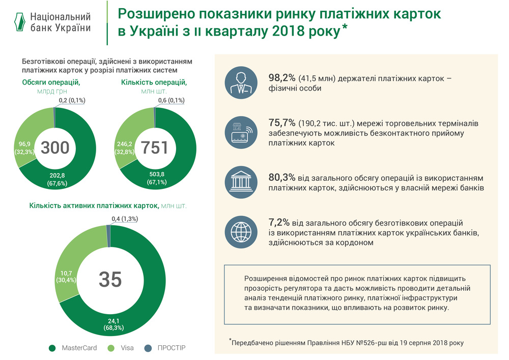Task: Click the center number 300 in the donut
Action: pyautogui.click(x=55, y=148)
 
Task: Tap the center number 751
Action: pyautogui.click(x=154, y=148)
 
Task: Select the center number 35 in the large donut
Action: pyautogui.click(x=110, y=279)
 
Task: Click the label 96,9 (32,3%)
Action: pyautogui.click(x=22, y=148)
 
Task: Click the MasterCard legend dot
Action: pyautogui.click(x=51, y=348)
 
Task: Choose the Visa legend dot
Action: pyautogui.click(x=111, y=348)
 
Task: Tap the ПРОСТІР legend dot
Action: pyautogui.click(x=147, y=348)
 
